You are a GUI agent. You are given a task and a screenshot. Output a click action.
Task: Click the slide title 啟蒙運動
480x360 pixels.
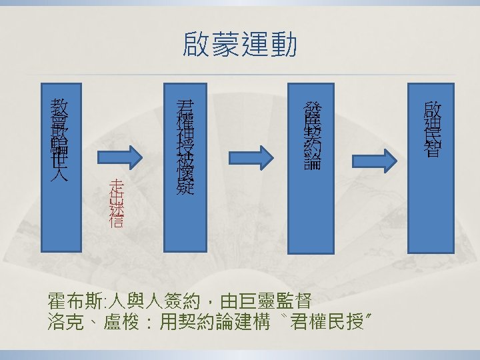click(240, 45)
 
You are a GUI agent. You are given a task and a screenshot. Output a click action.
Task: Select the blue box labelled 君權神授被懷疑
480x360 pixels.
click(185, 143)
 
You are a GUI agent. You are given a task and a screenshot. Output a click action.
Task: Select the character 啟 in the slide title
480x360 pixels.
click(196, 45)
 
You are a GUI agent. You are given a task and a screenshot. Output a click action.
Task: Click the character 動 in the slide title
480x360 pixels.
click(284, 45)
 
